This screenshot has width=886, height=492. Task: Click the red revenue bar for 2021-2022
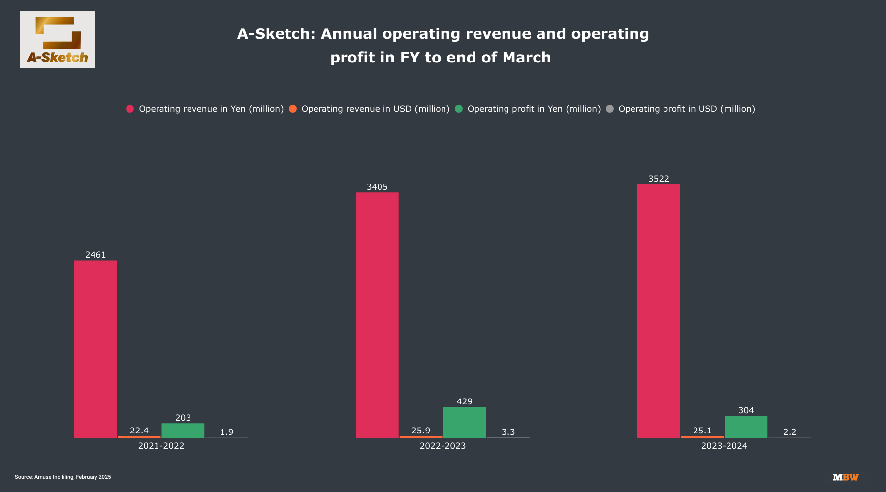pos(95,349)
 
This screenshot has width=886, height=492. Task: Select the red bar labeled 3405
pos(377,315)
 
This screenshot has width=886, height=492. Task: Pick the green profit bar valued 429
pos(464,422)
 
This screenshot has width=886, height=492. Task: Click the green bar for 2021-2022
pos(183,430)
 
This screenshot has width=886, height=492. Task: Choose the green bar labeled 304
pos(746,427)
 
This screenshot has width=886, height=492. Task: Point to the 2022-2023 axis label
pos(443,446)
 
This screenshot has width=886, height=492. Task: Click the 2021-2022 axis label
pos(161,446)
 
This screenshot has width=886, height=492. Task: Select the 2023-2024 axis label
pos(724,446)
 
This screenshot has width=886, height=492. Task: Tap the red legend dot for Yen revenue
pos(130,109)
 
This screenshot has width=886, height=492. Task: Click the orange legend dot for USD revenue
pos(293,109)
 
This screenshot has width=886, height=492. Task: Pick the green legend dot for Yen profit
pos(459,109)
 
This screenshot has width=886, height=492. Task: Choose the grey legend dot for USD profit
pos(610,109)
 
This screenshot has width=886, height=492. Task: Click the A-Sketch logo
pos(57,40)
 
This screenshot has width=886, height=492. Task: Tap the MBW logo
pos(846,477)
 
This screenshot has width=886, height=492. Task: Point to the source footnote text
pos(63,477)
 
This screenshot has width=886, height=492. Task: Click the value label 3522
pos(659,179)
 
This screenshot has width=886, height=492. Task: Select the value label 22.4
pos(139,430)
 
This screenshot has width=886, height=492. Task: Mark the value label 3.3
pos(508,432)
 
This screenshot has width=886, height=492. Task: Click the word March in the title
pos(527,58)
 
